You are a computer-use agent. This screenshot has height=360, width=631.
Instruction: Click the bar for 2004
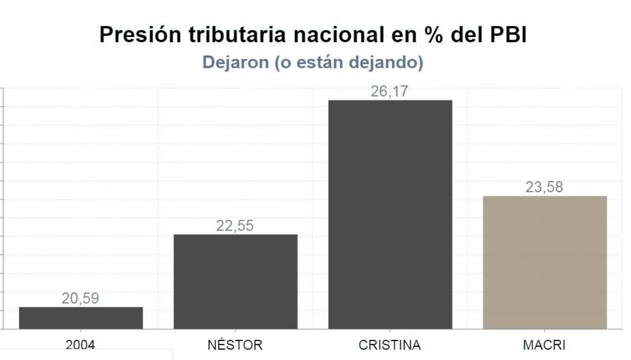81,318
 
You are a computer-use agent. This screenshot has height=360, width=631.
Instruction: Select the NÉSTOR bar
236,282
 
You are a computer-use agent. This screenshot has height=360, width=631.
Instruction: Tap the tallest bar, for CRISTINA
390,215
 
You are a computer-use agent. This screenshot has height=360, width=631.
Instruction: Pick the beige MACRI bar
544,262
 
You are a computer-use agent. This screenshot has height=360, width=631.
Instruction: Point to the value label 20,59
80,299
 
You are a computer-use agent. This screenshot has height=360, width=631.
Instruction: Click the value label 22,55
235,226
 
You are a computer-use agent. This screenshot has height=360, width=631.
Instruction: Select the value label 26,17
390,92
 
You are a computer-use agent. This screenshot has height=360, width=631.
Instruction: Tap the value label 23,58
544,187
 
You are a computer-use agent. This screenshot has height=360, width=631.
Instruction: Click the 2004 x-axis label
80,346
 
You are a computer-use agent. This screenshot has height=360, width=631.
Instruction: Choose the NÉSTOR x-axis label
235,346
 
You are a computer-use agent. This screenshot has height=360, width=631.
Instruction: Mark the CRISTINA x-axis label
390,346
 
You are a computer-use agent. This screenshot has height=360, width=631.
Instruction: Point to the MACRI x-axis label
544,346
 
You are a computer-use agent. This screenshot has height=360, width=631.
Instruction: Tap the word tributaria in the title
238,35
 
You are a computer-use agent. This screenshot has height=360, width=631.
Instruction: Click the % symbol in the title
430,35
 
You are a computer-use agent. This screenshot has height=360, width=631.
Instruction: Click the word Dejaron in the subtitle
236,63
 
